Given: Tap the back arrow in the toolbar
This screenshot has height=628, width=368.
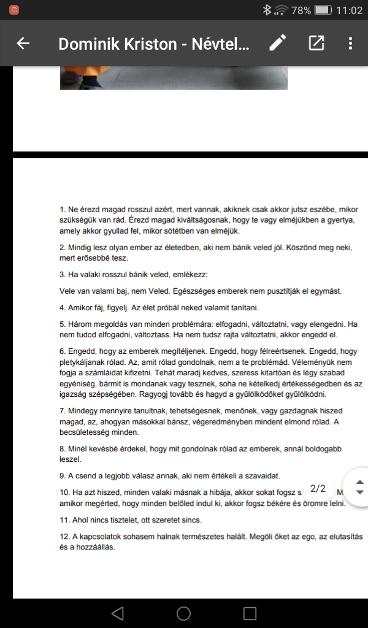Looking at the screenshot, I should (23, 44).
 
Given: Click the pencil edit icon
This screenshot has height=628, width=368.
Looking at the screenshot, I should (277, 43).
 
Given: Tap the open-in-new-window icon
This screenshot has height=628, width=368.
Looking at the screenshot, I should (316, 43).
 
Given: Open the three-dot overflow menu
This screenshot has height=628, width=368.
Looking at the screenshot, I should (350, 43).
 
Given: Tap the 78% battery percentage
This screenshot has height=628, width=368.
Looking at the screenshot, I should (301, 10).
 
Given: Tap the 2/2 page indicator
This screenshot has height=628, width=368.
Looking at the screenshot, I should (318, 488).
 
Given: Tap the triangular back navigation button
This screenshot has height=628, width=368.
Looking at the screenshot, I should (118, 613).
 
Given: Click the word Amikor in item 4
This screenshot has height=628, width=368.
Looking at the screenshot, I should (83, 307).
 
